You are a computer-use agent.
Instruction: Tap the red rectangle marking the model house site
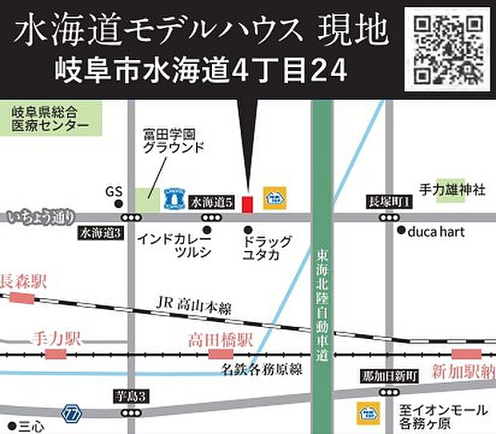coord(247,204)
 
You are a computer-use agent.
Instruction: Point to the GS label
coord(113,193)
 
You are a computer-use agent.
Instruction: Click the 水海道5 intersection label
coord(211,204)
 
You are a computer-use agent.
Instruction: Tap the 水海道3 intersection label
coord(99,233)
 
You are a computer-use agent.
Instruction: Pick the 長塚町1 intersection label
coord(388,201)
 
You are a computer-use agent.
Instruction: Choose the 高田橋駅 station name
coord(220,340)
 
